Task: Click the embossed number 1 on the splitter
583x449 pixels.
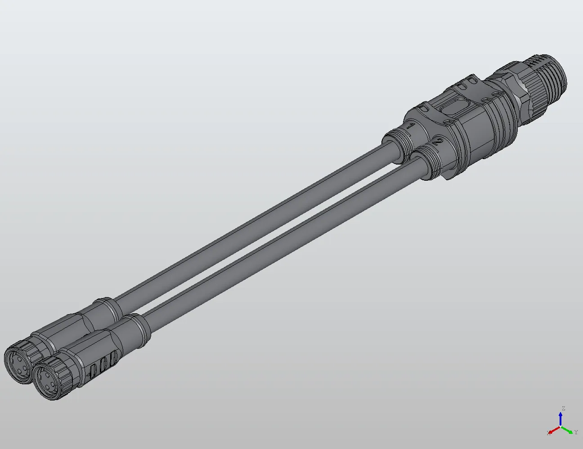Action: pos(411,126)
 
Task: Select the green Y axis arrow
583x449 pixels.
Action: pos(569,430)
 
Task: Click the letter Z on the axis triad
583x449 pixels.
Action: pos(563,409)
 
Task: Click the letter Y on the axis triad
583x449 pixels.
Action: pos(576,432)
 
